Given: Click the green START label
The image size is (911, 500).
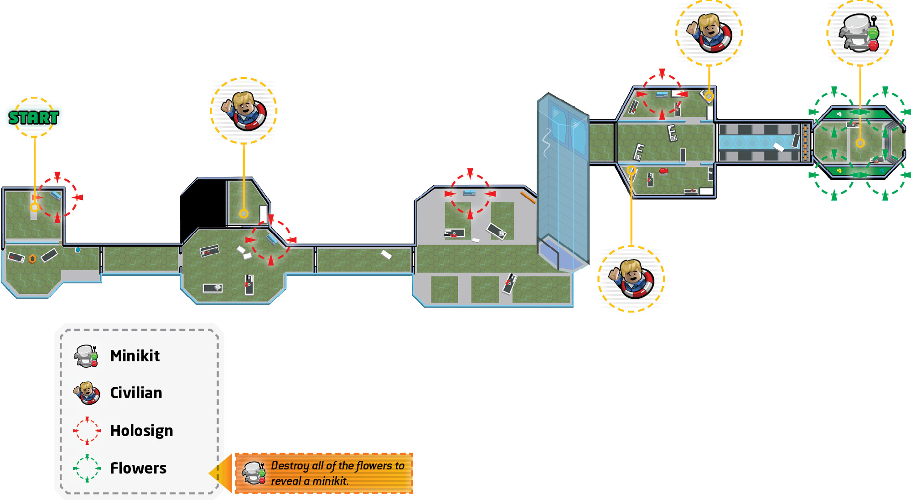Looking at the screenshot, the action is click(x=34, y=118).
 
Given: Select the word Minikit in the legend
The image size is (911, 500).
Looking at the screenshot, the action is click(x=135, y=356).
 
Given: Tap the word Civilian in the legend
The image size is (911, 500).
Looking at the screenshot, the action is click(x=136, y=393).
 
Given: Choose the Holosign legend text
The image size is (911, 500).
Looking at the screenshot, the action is click(x=141, y=431).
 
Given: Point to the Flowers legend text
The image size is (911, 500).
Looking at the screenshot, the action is click(x=138, y=468).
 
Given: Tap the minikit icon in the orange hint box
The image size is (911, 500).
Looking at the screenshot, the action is click(x=254, y=473).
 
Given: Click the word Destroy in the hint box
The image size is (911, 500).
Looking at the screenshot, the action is click(x=290, y=466).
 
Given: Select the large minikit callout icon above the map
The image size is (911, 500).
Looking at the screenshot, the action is click(x=859, y=32).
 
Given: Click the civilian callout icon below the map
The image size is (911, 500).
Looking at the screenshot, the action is click(x=631, y=279).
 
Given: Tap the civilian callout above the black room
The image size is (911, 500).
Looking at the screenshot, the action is click(x=243, y=111).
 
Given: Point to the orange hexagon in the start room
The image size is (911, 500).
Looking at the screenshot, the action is click(x=32, y=259).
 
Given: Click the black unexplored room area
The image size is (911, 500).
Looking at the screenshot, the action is click(x=203, y=205).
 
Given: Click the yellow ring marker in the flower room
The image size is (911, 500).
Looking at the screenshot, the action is click(x=860, y=143).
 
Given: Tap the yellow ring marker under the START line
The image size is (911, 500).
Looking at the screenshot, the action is click(x=34, y=208).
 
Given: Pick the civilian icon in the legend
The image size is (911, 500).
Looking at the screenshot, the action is click(x=87, y=393).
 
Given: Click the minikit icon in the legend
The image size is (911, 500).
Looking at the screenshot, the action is click(x=87, y=356).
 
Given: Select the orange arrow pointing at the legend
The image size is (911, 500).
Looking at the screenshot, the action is click(x=221, y=473).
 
